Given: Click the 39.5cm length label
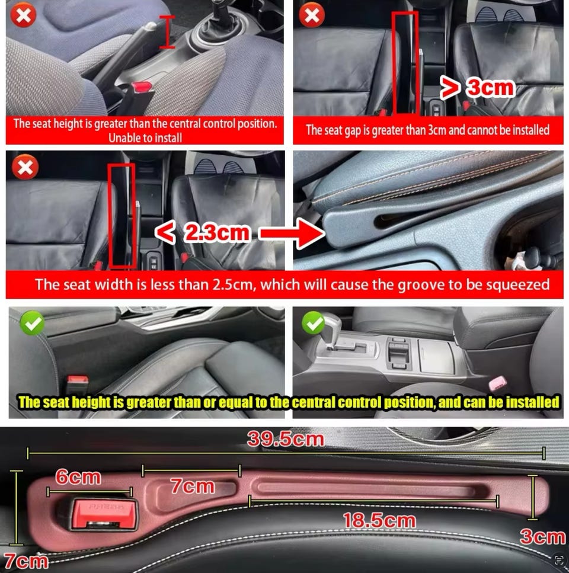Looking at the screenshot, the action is coord(286,439).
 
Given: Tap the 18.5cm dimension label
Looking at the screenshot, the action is coord(379,520).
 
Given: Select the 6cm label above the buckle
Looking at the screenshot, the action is coord(78,477).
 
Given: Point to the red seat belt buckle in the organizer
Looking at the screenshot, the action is coord(104,514).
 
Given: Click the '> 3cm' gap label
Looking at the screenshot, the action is coord(477,88).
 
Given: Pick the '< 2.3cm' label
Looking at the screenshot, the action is coord(203,232).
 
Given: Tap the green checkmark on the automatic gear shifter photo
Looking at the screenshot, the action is coord(313,323).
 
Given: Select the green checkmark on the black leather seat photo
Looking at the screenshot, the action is coord(32,323).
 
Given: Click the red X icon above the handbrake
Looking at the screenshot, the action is coord(23,15).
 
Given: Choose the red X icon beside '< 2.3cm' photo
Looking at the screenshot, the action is coord(25,167).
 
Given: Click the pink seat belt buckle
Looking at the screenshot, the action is coord(498,383).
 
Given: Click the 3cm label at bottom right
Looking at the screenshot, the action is coord(542,536).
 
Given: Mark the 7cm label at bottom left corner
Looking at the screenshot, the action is coord(25,561).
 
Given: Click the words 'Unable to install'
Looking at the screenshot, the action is coord(145,137).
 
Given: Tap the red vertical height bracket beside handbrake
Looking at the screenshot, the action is coord(167,32).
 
